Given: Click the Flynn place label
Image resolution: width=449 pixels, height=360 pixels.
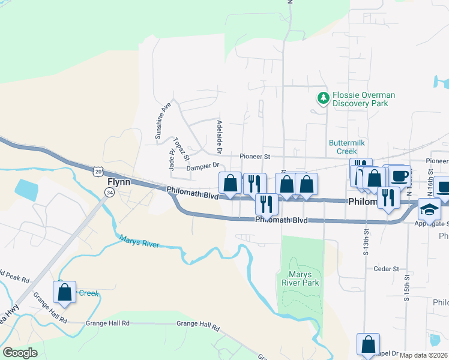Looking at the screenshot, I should pos(119,181).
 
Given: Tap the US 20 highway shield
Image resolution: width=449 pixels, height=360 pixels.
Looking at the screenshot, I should pos(98,172).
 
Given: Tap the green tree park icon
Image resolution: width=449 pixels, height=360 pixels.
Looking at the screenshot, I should pos(324,97).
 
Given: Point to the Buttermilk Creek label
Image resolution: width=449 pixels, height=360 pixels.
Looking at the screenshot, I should pos(347,147).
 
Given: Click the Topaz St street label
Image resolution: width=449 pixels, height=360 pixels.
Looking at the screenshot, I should pos(181,149).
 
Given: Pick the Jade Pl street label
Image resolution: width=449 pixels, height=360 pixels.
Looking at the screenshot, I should pos(171,160).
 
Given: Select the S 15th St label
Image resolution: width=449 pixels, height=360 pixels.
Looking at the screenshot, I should pos(406,290).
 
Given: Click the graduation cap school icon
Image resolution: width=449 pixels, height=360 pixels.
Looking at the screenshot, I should pos(430,209).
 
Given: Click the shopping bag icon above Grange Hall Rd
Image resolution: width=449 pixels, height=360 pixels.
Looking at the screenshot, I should pos(65,292).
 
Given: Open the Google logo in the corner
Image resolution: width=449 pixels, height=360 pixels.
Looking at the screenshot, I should pos(20,353).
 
